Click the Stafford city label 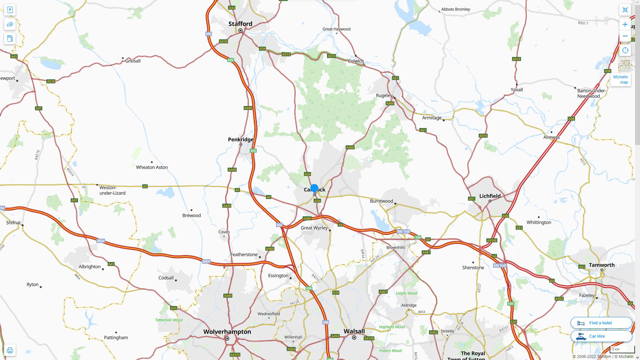[x=240, y=24]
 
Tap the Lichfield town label [x=490, y=196]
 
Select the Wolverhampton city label [x=227, y=332]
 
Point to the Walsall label [x=354, y=331]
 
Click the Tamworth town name [x=601, y=265]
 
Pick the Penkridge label [x=240, y=139]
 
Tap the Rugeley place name [x=384, y=95]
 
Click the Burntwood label [x=381, y=201]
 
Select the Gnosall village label [x=133, y=61]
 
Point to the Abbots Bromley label [x=455, y=9]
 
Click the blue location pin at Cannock [x=314, y=188]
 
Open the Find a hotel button [x=601, y=323]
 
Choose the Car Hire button [x=601, y=336]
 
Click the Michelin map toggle [x=620, y=79]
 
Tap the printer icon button [x=10, y=350]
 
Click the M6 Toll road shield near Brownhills [x=403, y=231]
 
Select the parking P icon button [x=10, y=10]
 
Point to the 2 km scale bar [x=622, y=349]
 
